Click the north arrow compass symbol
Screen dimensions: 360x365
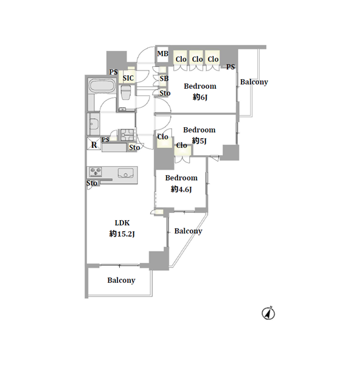[x=268, y=313]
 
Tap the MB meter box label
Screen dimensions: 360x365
[x=162, y=54]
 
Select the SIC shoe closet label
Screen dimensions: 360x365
[x=128, y=78]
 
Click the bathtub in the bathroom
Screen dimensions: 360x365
[x=102, y=85]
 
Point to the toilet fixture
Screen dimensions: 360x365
[x=126, y=92]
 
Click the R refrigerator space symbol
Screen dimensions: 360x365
[x=94, y=145]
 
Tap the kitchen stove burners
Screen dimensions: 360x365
[x=95, y=172]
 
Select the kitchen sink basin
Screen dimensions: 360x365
[x=126, y=173]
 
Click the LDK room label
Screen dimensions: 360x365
[x=122, y=223]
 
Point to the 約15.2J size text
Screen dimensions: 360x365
[x=122, y=234]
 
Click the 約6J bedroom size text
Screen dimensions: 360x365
[x=200, y=97]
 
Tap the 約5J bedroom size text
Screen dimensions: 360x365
[x=199, y=141]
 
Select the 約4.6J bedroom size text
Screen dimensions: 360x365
[x=181, y=189]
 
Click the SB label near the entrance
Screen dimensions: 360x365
[x=164, y=78]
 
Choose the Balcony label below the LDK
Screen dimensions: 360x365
[x=121, y=280]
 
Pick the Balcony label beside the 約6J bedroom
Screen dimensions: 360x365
[x=254, y=82]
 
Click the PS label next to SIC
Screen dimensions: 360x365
[x=114, y=72]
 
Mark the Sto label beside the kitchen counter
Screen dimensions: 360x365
[x=92, y=183]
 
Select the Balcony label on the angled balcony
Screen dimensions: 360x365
[x=189, y=231]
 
